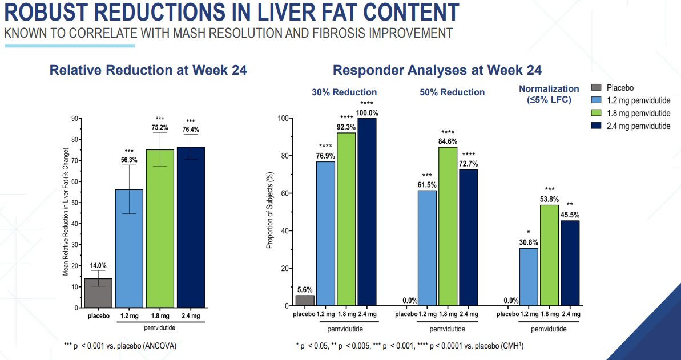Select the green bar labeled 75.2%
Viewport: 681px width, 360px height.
[x=160, y=228]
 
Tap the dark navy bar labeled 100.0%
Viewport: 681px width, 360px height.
[x=366, y=212]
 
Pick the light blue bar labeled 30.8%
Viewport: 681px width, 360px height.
[x=529, y=277]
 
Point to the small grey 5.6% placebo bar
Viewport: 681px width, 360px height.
[x=305, y=300]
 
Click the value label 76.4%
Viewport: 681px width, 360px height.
[x=191, y=130]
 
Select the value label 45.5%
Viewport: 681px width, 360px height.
[x=569, y=215]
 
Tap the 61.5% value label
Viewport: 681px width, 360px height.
[x=427, y=185]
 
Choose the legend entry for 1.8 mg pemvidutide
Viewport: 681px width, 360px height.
[x=633, y=113]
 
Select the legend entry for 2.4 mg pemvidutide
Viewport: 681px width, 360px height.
[x=633, y=126]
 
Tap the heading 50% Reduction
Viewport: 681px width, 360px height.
[x=452, y=92]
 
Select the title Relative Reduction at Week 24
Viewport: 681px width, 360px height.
[x=148, y=70]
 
